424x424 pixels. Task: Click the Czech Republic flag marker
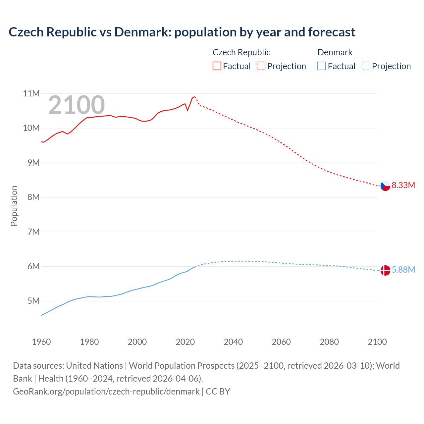tap(385, 186)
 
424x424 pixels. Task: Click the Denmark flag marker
tap(385, 270)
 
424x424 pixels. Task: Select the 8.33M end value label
tap(403, 185)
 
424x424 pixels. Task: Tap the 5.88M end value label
tap(403, 270)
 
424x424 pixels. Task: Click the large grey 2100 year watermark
tap(77, 105)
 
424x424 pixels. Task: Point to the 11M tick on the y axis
tap(31, 93)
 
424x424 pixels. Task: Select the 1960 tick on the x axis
tap(41, 342)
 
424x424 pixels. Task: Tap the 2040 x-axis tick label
tap(233, 342)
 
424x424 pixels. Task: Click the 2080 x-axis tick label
tap(329, 342)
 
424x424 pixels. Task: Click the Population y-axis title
tap(14, 206)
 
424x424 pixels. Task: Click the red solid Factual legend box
tap(217, 66)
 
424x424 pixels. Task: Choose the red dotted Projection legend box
tap(261, 66)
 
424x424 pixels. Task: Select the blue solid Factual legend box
tap(322, 66)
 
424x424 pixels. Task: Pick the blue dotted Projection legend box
tap(366, 66)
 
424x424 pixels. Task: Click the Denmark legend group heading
tap(335, 52)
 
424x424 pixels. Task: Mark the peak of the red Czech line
tap(194, 96)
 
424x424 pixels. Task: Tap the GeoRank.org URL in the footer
tap(106, 392)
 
